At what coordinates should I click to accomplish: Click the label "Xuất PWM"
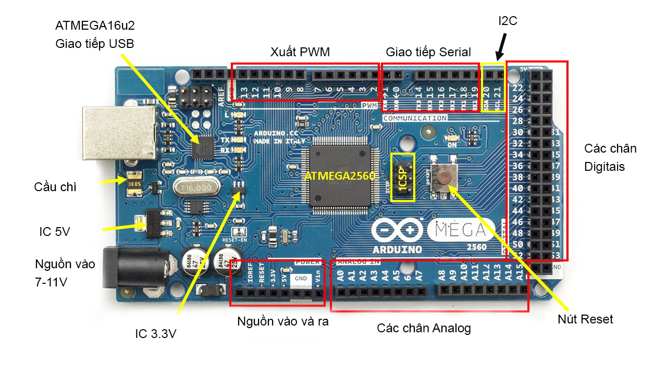pyautogui.click(x=300, y=52)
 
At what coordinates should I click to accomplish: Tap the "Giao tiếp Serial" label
pyautogui.click(x=428, y=52)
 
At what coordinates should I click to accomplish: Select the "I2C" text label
pyautogui.click(x=508, y=21)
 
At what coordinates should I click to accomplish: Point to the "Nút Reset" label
pyautogui.click(x=585, y=319)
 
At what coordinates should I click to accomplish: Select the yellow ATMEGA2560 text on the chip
pyautogui.click(x=340, y=176)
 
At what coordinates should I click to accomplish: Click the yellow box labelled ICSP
pyautogui.click(x=403, y=177)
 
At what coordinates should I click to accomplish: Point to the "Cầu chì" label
pyautogui.click(x=55, y=187)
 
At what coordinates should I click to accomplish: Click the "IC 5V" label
pyautogui.click(x=55, y=232)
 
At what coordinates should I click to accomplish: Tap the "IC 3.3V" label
pyautogui.click(x=156, y=334)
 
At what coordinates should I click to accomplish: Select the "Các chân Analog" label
pyautogui.click(x=424, y=328)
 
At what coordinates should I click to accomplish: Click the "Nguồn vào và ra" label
pyautogui.click(x=283, y=321)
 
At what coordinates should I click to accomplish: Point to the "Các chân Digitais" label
pyautogui.click(x=610, y=157)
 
